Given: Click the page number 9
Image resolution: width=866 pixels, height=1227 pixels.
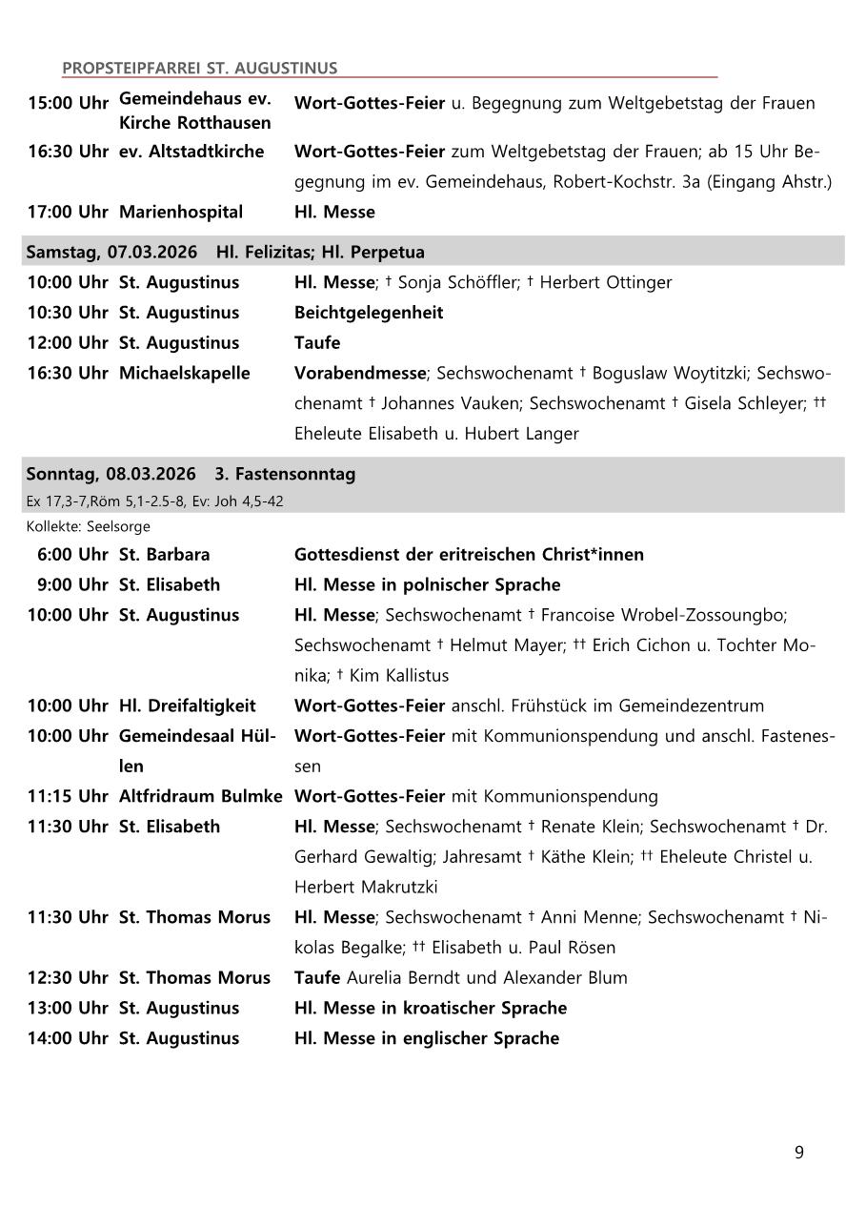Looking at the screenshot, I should pos(798,1153).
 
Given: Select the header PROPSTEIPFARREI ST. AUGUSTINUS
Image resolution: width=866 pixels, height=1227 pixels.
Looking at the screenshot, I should pos(199,69).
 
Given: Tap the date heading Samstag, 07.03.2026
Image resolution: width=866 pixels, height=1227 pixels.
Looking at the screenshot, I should pos(111,253).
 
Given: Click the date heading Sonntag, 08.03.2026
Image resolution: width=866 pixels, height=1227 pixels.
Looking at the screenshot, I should pos(111,474).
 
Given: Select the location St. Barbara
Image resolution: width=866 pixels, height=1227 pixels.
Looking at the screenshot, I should pos(164,555).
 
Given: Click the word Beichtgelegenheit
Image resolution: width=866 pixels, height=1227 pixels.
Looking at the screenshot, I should pos(369,313).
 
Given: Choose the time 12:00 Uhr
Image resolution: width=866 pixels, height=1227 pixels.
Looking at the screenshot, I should pos(68,343).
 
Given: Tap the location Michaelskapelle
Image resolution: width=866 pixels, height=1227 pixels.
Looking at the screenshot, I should pos(184,374).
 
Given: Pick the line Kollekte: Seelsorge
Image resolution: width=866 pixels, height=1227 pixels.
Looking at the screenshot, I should pos(88,526).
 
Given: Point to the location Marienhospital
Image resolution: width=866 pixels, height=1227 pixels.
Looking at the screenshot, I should pos(180,212).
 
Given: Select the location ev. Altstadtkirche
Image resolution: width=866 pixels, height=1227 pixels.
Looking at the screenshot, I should pos(191,152).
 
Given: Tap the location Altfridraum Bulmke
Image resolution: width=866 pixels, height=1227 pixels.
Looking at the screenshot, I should pos(200,796).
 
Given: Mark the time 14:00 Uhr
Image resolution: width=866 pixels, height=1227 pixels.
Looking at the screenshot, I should pos(68,1038).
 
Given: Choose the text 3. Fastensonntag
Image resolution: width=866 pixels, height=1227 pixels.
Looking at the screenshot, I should pos(285,474).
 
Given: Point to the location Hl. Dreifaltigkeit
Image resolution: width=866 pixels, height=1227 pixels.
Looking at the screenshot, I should pos(187,706).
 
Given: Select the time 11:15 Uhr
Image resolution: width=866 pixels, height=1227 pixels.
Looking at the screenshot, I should pos(68,796).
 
